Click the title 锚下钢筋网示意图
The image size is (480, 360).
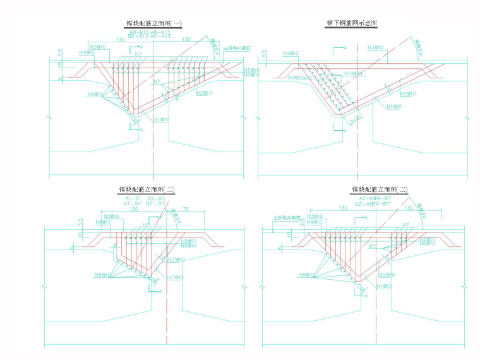351,23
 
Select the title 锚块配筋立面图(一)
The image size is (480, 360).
153,23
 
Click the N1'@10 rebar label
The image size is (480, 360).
175,277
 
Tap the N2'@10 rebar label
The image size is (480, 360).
177,260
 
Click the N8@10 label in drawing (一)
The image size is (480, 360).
95,95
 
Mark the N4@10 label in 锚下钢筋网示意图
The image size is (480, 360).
291,54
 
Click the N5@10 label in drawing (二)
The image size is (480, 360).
188,241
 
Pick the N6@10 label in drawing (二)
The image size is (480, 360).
188,246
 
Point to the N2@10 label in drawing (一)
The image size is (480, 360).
203,93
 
